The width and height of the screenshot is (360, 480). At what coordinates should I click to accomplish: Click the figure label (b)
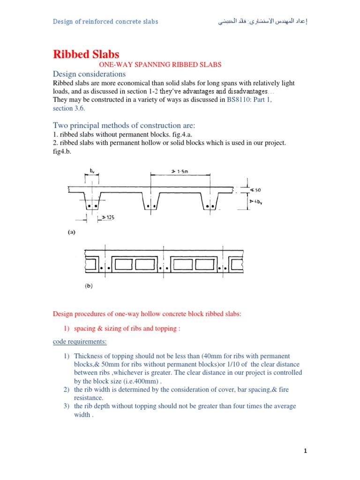[x=88, y=285]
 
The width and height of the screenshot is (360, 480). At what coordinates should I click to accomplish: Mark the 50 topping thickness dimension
[x=257, y=190]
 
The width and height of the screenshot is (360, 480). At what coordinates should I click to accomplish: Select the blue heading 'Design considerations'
[x=89, y=74]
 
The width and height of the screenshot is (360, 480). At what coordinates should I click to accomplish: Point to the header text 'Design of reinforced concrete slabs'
[x=105, y=22]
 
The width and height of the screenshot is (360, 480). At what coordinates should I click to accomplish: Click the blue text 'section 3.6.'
[x=69, y=108]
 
